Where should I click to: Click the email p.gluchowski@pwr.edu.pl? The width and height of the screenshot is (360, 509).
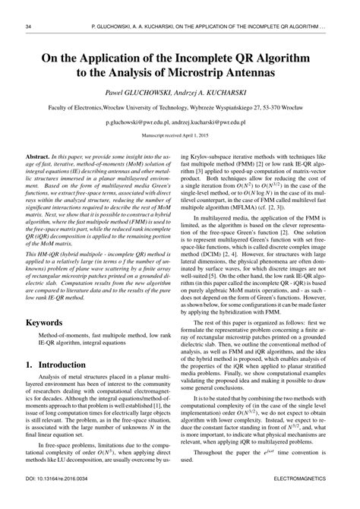pos(143,121)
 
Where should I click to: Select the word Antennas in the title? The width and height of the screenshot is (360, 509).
pos(280,73)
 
